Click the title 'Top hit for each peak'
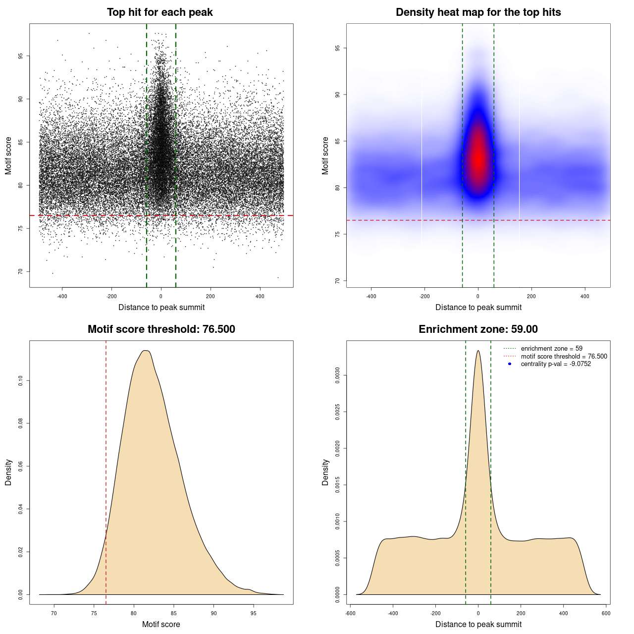coord(159,12)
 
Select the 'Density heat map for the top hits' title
coord(478,12)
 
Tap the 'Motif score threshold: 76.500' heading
coord(161,329)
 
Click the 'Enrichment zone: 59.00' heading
coord(478,329)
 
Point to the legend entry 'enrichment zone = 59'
coord(551,349)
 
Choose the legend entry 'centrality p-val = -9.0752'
coord(556,364)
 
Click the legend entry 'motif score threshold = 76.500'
coord(564,357)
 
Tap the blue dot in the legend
coord(510,364)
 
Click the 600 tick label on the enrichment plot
coord(606,613)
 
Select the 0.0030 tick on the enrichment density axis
coord(337,375)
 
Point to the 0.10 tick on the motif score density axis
coord(20,380)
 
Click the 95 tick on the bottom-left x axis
coord(254,613)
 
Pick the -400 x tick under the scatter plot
coord(62,296)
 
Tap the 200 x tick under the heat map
coord(531,296)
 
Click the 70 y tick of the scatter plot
coord(20,271)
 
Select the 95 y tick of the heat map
coord(337,48)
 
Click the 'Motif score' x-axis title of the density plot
coord(161,624)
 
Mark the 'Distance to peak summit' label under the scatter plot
coord(161,307)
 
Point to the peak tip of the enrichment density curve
coord(478,351)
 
